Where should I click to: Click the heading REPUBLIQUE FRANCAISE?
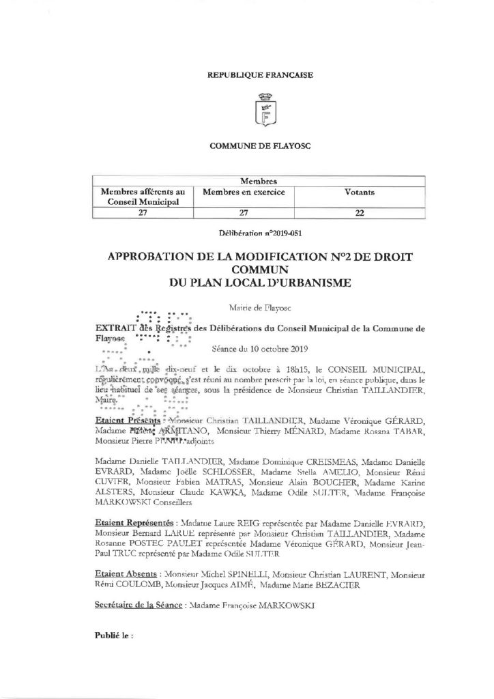pyautogui.click(x=260, y=74)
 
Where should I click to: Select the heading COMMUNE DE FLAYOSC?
pyautogui.click(x=260, y=146)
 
